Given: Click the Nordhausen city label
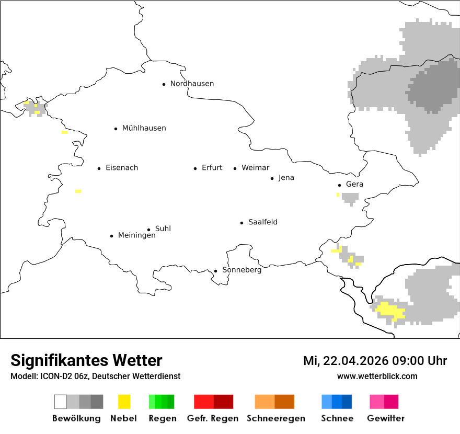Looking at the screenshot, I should [192, 84].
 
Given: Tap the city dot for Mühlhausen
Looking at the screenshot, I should [116, 129].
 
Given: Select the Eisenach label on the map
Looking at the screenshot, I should [122, 168].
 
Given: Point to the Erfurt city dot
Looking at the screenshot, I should [195, 168].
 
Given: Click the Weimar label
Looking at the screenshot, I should [255, 168].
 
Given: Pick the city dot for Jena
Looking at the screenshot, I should [272, 178].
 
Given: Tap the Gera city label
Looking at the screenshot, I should [354, 185].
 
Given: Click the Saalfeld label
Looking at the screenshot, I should [263, 222].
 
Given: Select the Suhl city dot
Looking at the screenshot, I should [148, 230].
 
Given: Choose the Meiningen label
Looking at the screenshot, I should [136, 236].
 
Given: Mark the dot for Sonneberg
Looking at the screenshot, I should [215, 271].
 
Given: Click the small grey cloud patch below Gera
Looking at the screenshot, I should [350, 198].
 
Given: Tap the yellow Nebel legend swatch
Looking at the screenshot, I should [124, 402].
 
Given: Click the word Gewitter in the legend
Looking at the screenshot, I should [386, 418].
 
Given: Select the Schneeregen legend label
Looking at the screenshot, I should [276, 418].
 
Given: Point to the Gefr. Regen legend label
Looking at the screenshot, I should [213, 418].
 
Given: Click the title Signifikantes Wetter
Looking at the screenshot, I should [86, 361].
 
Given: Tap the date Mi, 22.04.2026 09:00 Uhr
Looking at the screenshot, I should [375, 361].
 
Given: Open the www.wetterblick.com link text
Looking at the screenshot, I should [377, 376].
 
